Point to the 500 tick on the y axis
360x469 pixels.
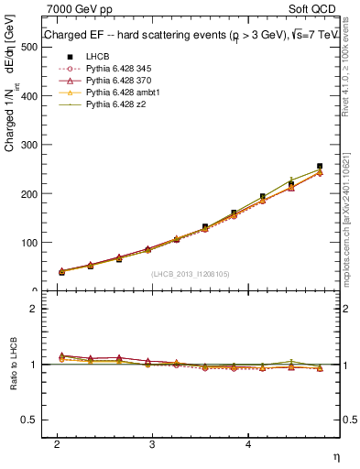(29, 47)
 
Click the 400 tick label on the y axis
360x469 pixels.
(29, 96)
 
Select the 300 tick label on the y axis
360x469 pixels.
(29, 145)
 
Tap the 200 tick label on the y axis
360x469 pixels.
(29, 194)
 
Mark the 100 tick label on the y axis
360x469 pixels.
(29, 243)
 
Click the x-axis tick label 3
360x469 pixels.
(152, 443)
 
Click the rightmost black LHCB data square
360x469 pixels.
(320, 166)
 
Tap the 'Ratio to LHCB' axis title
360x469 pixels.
(12, 365)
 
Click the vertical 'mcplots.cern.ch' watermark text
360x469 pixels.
(345, 220)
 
